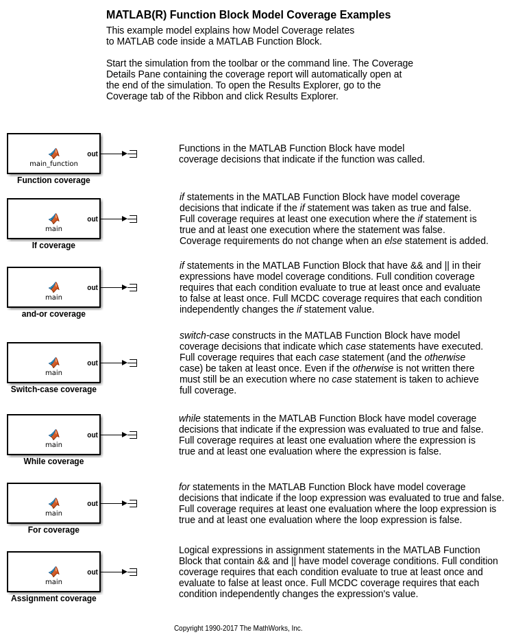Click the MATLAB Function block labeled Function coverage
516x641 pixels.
tap(53, 154)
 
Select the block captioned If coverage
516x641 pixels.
tap(53, 219)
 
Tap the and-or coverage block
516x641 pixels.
tap(53, 287)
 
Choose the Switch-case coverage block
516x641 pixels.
tap(53, 363)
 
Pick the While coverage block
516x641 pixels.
tap(53, 435)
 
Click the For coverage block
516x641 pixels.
tap(53, 503)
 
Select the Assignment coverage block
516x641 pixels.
tap(53, 572)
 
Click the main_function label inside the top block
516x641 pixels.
tap(53, 164)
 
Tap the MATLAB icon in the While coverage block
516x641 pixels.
tap(53, 434)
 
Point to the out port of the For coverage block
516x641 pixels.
tap(93, 503)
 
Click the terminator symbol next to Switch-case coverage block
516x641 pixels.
tap(133, 363)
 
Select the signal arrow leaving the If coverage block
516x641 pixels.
tap(114, 219)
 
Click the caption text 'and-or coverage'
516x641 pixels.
tap(53, 314)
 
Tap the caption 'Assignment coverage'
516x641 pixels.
tap(53, 598)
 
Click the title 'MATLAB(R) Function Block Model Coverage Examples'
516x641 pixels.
tap(248, 15)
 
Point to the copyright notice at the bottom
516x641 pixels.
tap(238, 628)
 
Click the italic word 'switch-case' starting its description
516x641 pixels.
tap(205, 335)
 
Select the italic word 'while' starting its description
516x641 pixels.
tap(190, 418)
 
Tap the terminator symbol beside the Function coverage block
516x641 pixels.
tap(133, 154)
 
